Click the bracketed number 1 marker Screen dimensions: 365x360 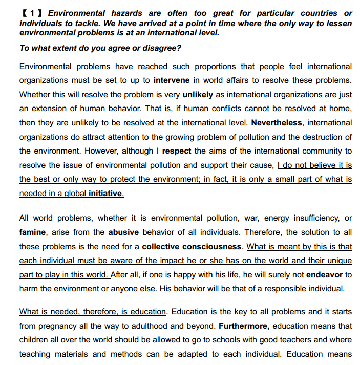point(32,13)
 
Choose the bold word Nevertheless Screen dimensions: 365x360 point(277,123)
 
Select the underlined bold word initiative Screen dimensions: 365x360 point(106,194)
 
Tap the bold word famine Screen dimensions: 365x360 point(32,232)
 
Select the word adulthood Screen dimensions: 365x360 point(152,326)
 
